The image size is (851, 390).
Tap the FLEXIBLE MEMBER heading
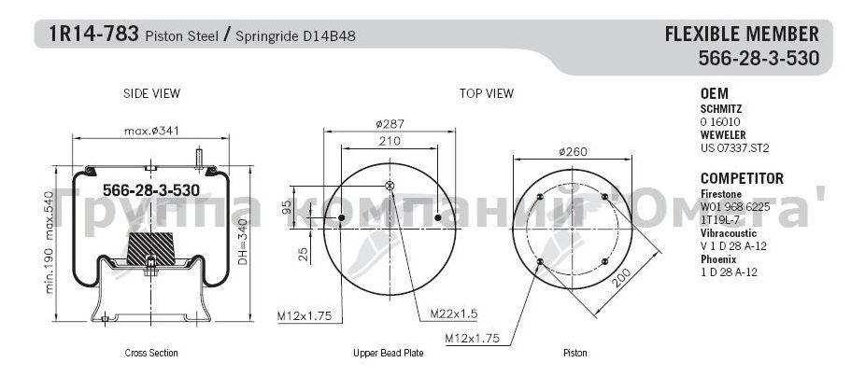[741, 35]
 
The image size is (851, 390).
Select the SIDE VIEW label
[151, 94]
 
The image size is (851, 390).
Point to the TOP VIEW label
[486, 94]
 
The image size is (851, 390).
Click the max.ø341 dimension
[150, 132]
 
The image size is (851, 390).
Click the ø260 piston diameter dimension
[572, 151]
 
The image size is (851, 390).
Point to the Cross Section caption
[151, 354]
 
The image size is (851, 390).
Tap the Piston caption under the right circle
[574, 354]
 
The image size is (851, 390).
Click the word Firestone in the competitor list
[722, 193]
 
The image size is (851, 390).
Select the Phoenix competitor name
[719, 258]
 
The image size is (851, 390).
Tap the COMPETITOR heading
[742, 178]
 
